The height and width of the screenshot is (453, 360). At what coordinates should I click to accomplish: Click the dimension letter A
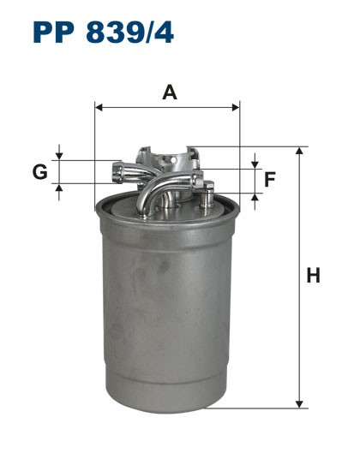(x=170, y=92)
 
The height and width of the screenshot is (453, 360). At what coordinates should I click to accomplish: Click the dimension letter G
(x=39, y=172)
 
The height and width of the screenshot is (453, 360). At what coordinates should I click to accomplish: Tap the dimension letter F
(x=270, y=180)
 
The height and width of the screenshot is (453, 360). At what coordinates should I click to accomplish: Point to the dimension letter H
(x=314, y=276)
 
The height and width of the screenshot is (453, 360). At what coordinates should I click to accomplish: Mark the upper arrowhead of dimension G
(x=59, y=155)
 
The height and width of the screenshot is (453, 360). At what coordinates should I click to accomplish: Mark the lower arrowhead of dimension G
(x=59, y=188)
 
